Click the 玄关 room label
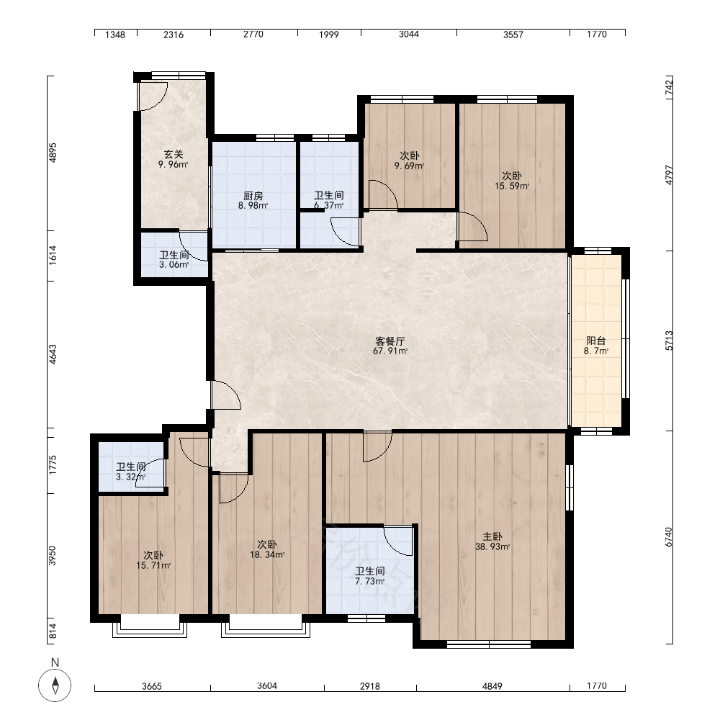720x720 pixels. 174,155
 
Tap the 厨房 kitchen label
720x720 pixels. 253,196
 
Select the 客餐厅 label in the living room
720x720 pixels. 390,341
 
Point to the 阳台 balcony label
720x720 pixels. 596,341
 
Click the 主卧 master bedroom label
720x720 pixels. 492,536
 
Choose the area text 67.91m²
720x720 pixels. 390,351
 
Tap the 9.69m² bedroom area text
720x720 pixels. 409,166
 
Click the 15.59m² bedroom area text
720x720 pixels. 511,186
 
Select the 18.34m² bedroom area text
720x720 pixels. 267,554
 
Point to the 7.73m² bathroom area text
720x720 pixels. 369,581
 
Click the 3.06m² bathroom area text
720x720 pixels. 174,265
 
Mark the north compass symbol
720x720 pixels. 55,685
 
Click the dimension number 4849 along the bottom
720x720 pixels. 492,686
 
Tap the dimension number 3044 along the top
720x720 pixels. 409,35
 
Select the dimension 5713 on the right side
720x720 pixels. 669,341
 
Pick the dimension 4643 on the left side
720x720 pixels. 53,354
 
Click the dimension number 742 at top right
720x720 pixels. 669,88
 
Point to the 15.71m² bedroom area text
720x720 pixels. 153,566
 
